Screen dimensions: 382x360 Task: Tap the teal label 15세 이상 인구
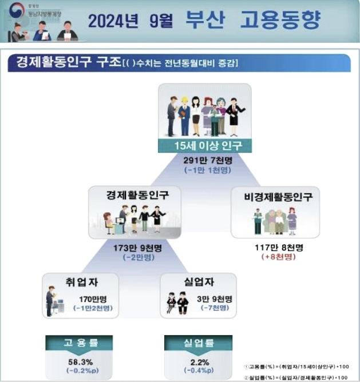(204, 146)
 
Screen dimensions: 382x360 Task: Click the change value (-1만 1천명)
(204, 170)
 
